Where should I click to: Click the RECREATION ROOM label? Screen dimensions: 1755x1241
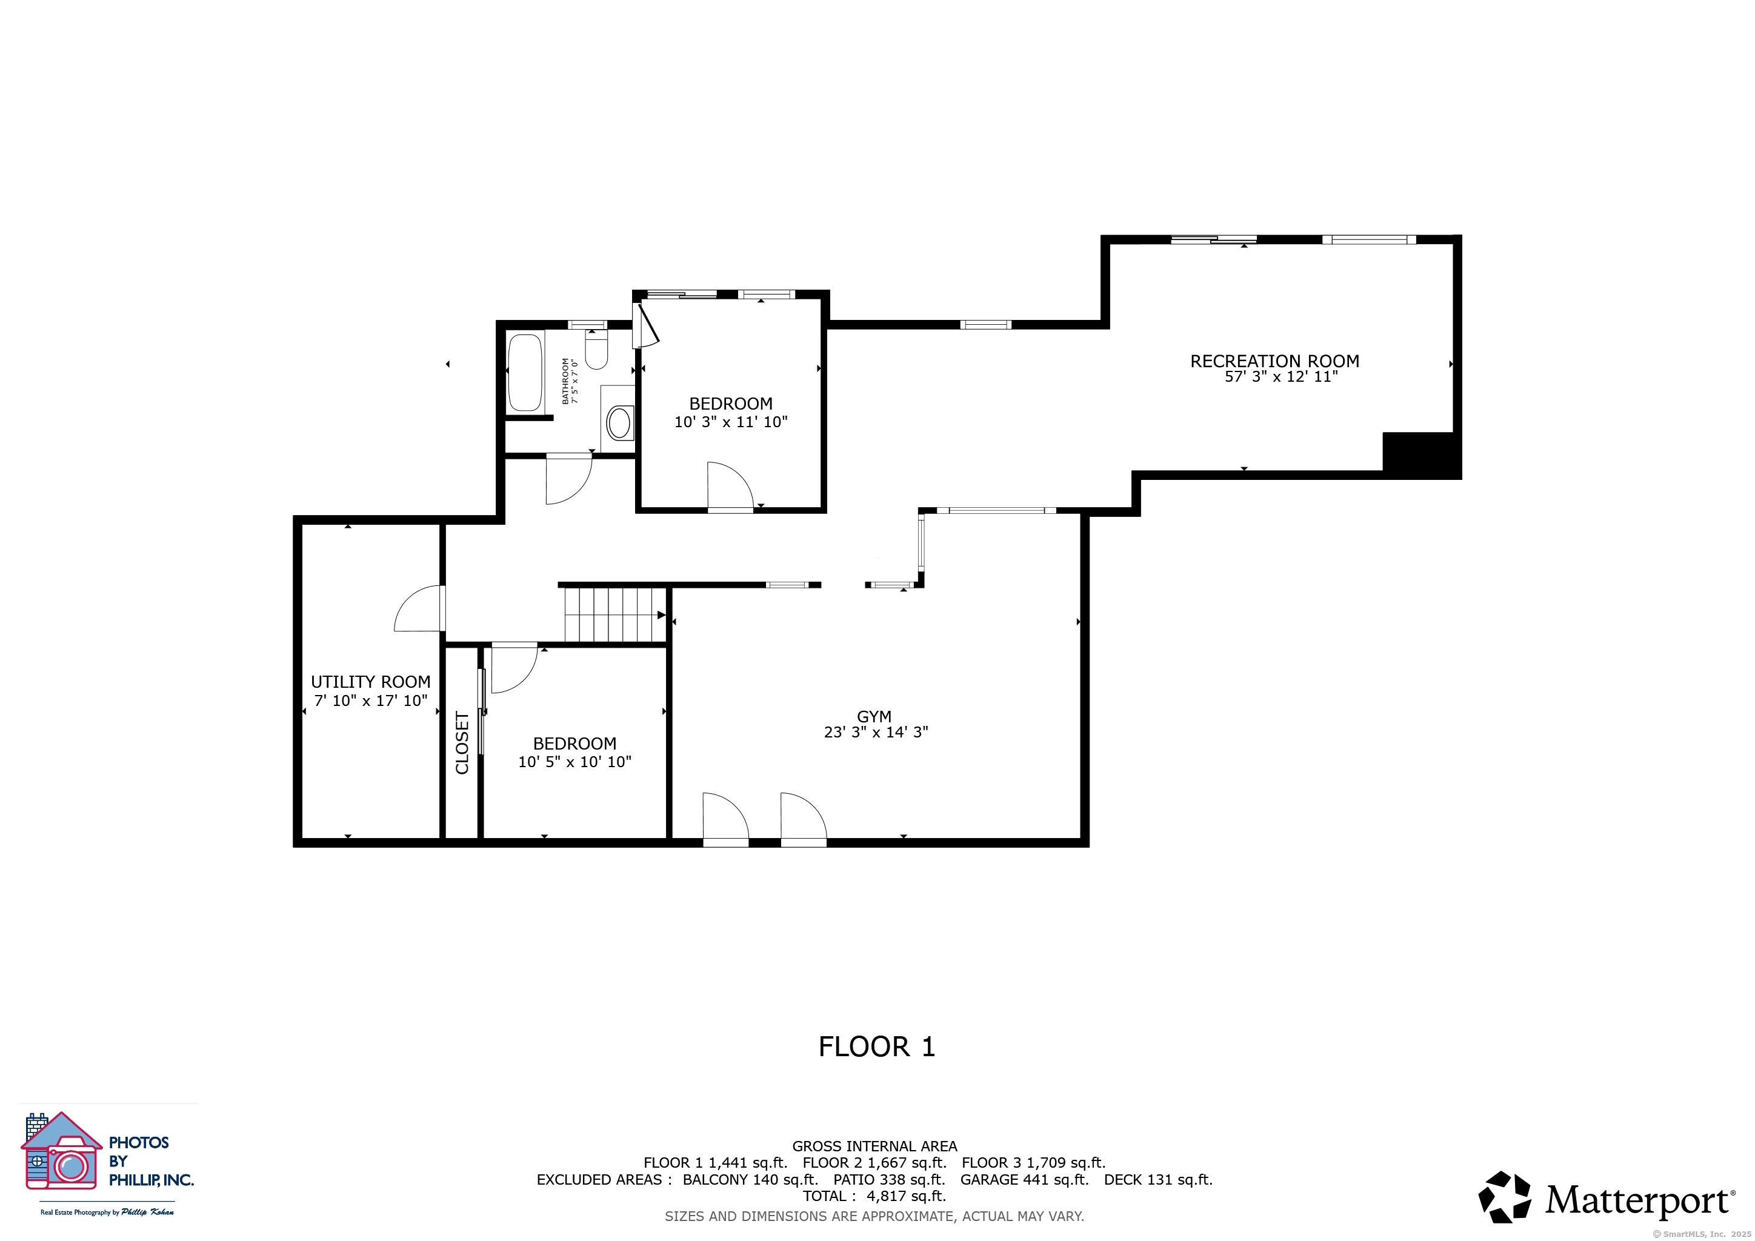(x=1274, y=361)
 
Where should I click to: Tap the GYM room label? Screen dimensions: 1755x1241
(x=874, y=716)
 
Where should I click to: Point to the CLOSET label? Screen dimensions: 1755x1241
(x=462, y=743)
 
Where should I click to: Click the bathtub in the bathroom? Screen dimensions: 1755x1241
(x=525, y=372)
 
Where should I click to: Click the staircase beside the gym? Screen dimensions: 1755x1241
(x=615, y=614)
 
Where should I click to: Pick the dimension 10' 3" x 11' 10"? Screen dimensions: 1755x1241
(x=731, y=422)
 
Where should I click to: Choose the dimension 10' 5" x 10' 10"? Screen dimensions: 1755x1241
(x=575, y=762)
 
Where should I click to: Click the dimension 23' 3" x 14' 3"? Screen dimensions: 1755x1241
(x=876, y=732)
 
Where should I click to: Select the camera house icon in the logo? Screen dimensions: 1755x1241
(x=61, y=1151)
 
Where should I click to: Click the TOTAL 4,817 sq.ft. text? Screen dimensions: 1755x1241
(x=874, y=1196)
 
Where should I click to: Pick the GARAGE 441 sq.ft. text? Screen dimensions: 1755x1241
(x=1024, y=1180)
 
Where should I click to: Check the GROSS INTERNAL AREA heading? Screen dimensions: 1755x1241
(x=874, y=1146)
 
